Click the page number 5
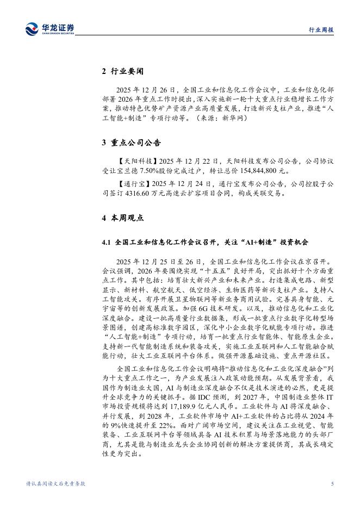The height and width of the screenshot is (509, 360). coord(331,483)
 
